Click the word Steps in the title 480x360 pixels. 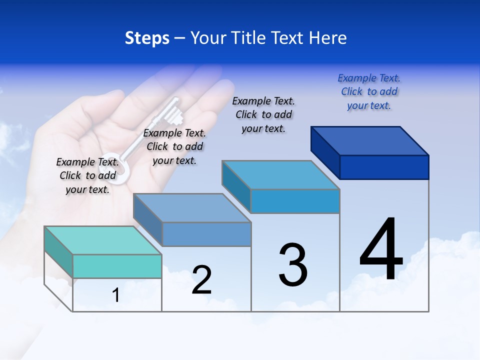(147, 38)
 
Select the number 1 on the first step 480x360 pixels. (116, 295)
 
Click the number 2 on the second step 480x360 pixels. (201, 280)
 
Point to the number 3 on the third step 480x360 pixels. (292, 265)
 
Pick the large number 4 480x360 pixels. (381, 249)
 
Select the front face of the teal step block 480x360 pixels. (117, 266)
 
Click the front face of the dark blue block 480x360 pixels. (384, 167)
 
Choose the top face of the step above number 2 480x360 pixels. (192, 207)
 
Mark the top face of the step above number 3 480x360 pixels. (281, 175)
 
